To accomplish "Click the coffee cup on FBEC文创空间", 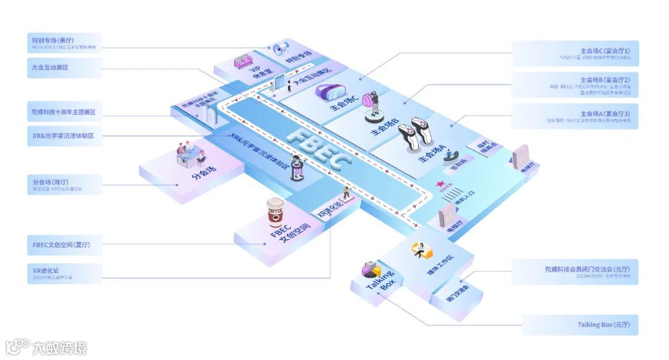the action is [x=274, y=213].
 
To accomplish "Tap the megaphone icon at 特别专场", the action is [x=281, y=48].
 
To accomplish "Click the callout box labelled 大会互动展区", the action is [x=64, y=68].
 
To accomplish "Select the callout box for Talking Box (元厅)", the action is [x=580, y=325].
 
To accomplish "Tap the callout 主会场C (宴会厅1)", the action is [x=575, y=53].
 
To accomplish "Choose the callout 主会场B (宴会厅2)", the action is [x=575, y=85].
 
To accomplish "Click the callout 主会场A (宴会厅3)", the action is [x=575, y=116].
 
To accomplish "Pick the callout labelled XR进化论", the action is [x=64, y=274].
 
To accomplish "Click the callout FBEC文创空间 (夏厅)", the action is [x=64, y=244].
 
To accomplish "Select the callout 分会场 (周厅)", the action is [x=64, y=185].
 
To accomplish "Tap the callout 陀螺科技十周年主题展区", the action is [x=64, y=112].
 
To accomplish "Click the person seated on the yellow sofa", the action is [x=418, y=250].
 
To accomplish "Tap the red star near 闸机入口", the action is [x=441, y=184].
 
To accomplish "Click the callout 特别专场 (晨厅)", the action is [x=64, y=42].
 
